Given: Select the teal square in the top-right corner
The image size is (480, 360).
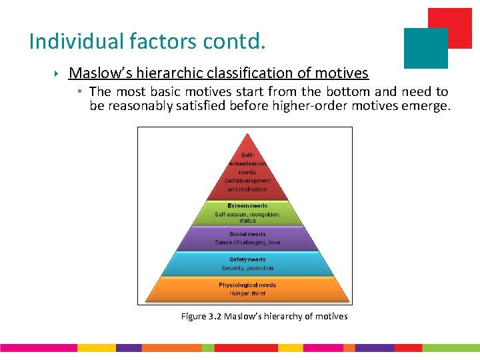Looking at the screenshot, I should coord(425,48).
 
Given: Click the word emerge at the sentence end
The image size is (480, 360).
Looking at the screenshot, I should coord(426,106).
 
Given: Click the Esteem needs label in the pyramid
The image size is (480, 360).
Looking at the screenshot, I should coord(247,206).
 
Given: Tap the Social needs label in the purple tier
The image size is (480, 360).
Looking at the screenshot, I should coord(247,234).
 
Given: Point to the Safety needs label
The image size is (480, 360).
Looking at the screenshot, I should coord(247,259).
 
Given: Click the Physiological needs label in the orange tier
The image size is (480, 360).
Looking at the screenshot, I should coord(247,285).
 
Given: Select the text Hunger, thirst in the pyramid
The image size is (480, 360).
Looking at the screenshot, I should coord(247,293).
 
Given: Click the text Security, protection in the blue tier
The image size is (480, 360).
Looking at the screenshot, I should coord(247,268).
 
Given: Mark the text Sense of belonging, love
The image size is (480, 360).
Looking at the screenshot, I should coord(247,243).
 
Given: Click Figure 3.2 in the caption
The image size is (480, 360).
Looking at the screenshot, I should coord(201,316).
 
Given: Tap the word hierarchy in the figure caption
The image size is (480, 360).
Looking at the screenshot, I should coord(281,316).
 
